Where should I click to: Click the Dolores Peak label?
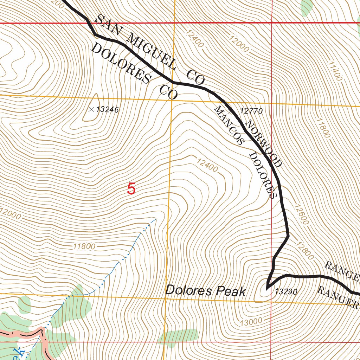tap(205, 291)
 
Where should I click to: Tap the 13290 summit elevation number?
tap(287, 292)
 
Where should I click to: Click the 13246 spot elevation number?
tap(107, 110)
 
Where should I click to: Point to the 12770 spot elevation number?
tap(251, 111)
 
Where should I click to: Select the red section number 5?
tap(131, 189)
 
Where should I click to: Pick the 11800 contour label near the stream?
tap(84, 246)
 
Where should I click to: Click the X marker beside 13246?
tap(91, 110)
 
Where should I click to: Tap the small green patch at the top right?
tap(307, 6)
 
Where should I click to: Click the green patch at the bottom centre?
tap(179, 336)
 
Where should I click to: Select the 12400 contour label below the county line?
tap(207, 165)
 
